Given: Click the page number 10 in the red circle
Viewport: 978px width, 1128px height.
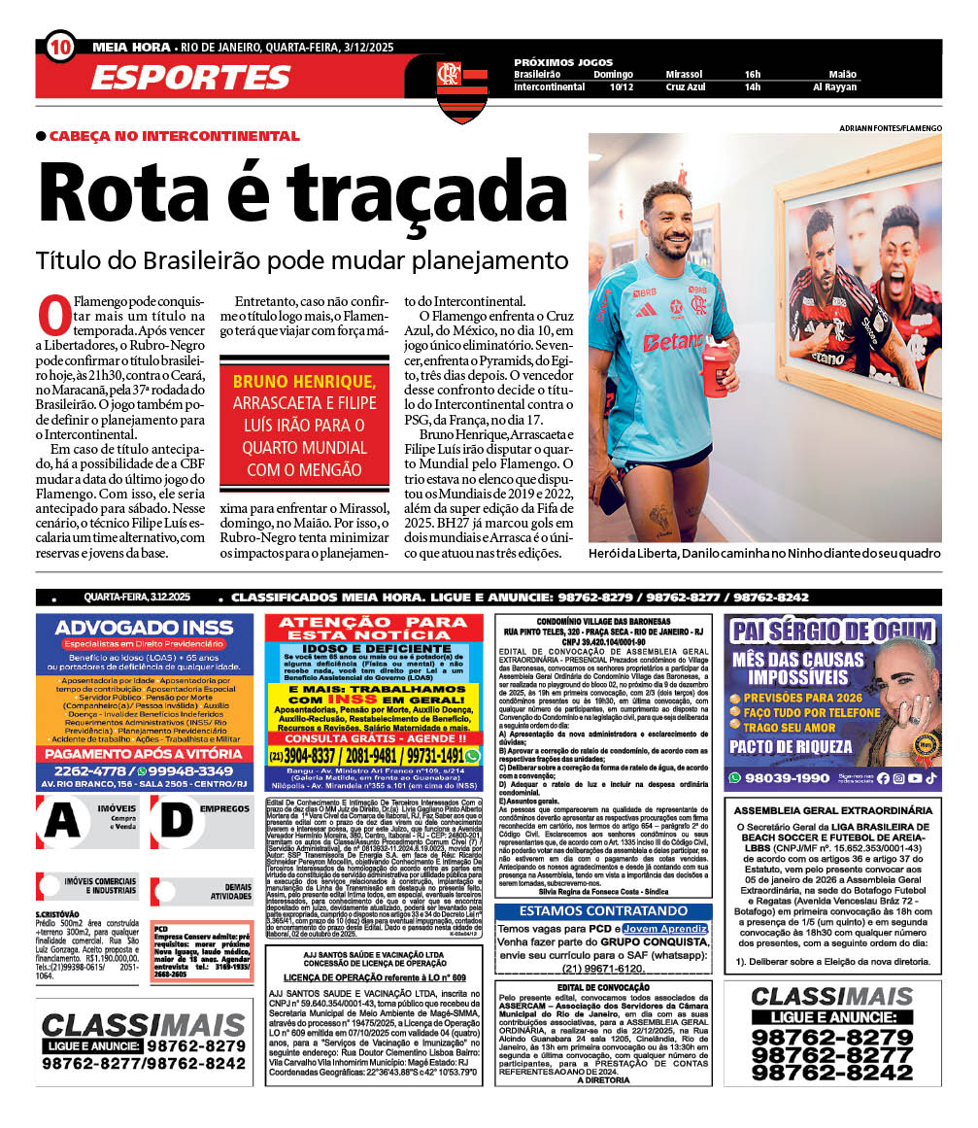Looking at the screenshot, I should [x=59, y=47].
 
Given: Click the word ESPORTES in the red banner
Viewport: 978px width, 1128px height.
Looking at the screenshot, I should [x=190, y=78].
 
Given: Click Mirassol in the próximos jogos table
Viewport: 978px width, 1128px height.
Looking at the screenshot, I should [x=686, y=74].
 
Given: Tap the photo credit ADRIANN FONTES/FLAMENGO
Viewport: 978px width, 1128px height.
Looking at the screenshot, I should [x=890, y=128].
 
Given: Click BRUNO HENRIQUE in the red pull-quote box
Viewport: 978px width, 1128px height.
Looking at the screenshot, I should [x=304, y=380].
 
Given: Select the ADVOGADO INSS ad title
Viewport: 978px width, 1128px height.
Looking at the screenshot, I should [x=144, y=629].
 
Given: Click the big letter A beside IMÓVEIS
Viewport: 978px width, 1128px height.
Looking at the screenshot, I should [x=62, y=821].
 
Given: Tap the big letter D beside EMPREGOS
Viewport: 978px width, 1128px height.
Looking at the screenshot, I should [x=176, y=821].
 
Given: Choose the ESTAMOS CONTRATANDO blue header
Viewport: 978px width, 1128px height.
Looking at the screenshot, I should [x=603, y=911].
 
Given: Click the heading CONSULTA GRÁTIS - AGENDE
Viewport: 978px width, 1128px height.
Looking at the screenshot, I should [x=373, y=738].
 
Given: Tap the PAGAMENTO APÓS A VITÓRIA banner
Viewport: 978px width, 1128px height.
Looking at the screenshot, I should [x=144, y=754].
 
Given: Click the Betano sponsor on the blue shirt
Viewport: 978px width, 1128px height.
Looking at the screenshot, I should [x=672, y=341].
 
